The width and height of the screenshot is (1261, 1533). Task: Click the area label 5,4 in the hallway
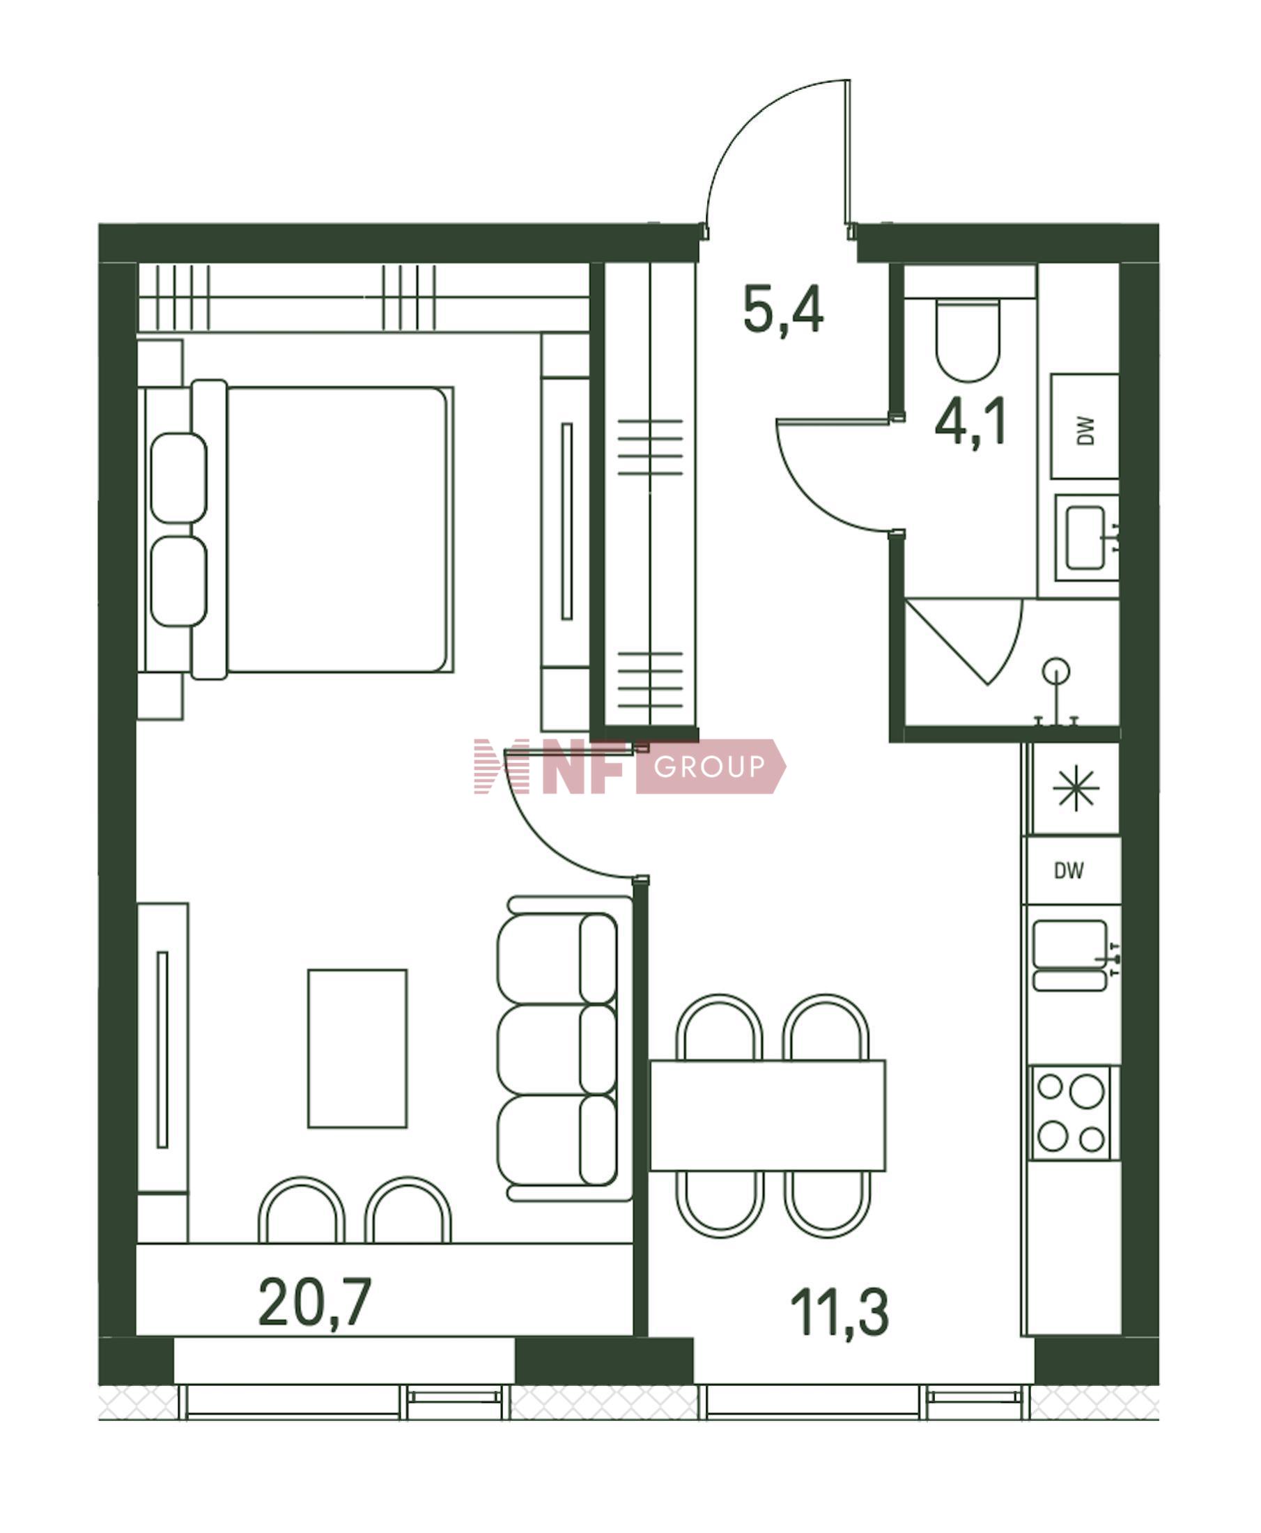[x=783, y=309]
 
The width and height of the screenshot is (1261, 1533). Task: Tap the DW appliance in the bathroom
[x=1085, y=426]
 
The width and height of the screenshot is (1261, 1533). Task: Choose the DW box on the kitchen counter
[x=1072, y=870]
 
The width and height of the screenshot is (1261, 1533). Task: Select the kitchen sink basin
[x=1070, y=945]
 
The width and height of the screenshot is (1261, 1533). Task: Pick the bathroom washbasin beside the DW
[x=1086, y=538]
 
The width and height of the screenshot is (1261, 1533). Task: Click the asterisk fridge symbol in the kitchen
[x=1077, y=789]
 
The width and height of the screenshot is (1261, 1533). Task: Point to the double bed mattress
[x=338, y=530]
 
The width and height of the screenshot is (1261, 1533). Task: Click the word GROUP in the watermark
[x=709, y=766]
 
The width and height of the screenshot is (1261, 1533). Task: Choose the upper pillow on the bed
[x=178, y=478]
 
